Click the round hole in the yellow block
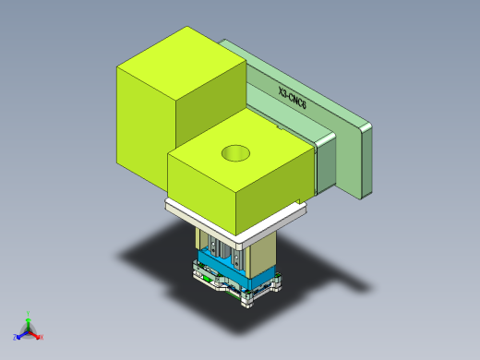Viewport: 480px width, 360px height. pos(234,152)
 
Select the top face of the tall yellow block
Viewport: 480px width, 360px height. pos(181,58)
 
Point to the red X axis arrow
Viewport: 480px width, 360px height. pos(36,336)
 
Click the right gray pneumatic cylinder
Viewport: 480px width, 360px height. pos(231,249)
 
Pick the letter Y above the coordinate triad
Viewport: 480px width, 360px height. pos(29,312)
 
